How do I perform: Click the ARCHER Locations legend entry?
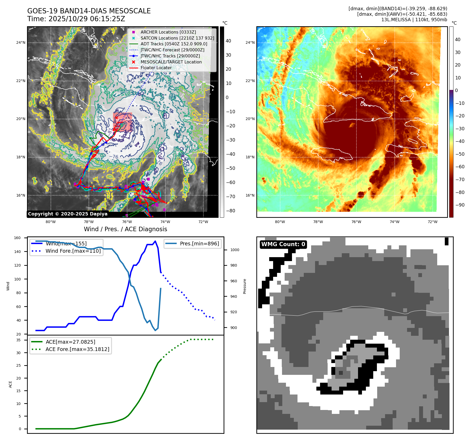click(168, 32)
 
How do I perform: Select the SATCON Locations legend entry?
click(177, 38)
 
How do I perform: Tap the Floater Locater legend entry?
click(156, 68)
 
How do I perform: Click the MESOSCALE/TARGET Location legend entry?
click(171, 62)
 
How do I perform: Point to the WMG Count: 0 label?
click(283, 244)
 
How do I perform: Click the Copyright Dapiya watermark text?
click(68, 214)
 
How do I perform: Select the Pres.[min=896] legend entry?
click(199, 244)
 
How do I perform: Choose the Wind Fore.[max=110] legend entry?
click(73, 251)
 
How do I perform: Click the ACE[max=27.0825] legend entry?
click(70, 342)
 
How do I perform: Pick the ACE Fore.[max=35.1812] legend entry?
click(77, 349)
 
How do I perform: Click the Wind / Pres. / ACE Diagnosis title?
click(125, 229)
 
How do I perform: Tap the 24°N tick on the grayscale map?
click(21, 42)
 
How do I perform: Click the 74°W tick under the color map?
click(394, 222)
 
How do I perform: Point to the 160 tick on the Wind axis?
click(17, 238)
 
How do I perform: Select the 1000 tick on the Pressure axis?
click(235, 250)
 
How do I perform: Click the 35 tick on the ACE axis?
click(18, 340)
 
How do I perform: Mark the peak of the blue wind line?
click(155, 241)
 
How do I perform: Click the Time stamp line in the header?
click(76, 19)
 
